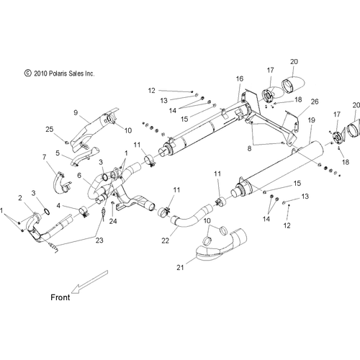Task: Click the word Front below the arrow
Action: coord(60,297)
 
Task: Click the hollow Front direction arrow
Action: coord(90,282)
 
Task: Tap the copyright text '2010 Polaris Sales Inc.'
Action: coord(64,73)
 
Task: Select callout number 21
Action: coord(180,267)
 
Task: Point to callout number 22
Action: coord(165,240)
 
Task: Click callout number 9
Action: coord(76,112)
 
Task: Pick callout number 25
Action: coord(50,130)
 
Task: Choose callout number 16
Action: coord(240,78)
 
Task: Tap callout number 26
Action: coord(315,102)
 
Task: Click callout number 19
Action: coord(311,120)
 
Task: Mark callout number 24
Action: coord(113,221)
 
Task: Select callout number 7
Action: coord(44,157)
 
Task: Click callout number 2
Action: coord(20,198)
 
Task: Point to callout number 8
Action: coord(249,148)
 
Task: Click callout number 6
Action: coord(79,176)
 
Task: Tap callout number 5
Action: coord(58,153)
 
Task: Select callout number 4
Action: coord(58,206)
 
